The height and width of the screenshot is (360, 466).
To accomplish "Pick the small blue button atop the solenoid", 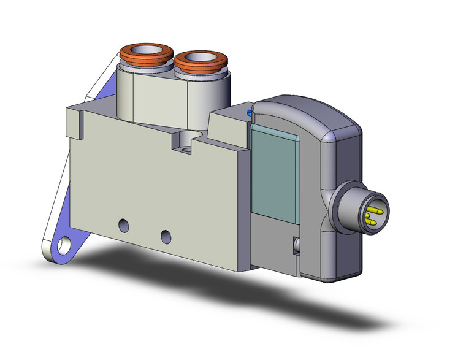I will point(249,113).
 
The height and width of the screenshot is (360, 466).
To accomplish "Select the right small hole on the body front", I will point(164,235).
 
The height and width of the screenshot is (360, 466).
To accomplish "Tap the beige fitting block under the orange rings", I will point(153,98).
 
